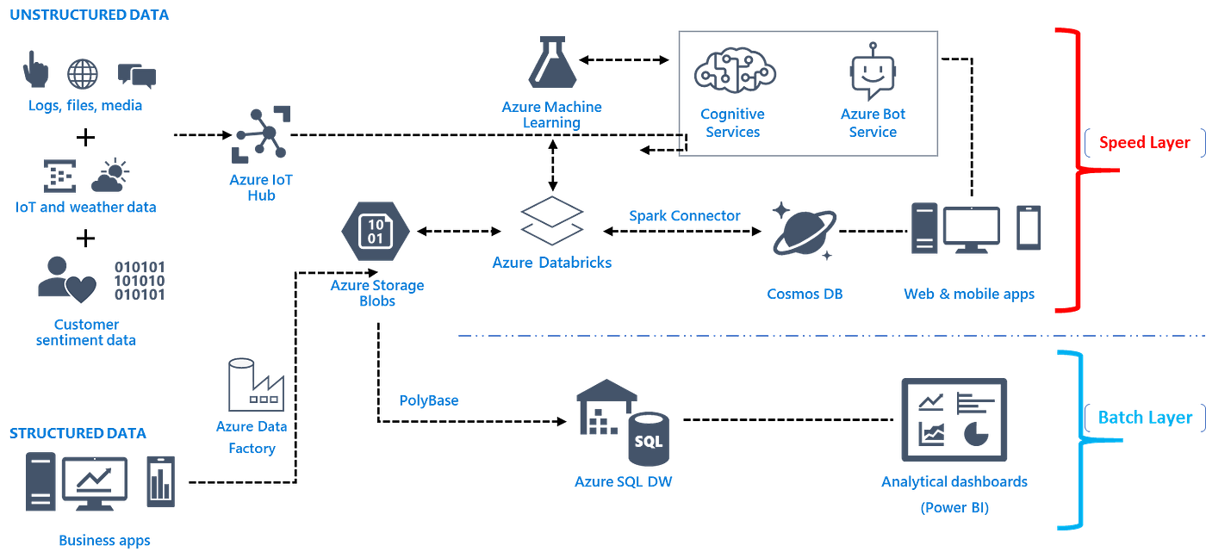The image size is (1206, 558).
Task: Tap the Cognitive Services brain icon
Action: pos(734,71)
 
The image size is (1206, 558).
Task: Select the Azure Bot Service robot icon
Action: pos(872,71)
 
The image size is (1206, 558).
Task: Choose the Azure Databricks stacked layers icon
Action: pos(551,220)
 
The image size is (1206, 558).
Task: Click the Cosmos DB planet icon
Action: pos(803,230)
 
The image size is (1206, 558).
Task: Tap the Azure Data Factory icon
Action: pos(255,385)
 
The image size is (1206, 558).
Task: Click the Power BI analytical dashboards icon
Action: pos(954,418)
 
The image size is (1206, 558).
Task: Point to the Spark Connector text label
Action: pos(684,216)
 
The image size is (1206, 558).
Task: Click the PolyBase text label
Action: pos(428,400)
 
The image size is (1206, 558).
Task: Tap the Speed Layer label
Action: pos(1141,144)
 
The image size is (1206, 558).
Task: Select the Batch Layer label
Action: pos(1145,418)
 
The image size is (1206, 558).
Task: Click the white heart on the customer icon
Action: pos(83,289)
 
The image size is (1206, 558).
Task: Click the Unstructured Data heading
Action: pos(90,15)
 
